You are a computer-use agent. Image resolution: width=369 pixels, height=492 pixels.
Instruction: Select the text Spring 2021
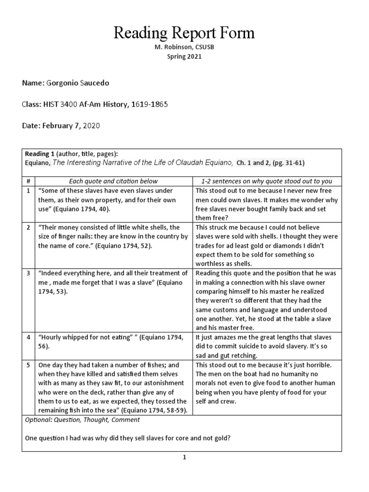click(184, 56)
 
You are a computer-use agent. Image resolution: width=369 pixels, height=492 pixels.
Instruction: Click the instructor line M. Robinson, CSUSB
click(184, 48)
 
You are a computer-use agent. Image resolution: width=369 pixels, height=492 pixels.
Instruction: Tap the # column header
click(28, 181)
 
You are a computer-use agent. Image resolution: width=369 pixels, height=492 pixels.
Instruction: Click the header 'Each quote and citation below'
click(110, 181)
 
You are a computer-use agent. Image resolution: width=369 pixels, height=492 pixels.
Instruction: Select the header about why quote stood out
click(267, 181)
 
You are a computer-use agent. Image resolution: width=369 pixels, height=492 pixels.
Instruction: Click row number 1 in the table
click(28, 190)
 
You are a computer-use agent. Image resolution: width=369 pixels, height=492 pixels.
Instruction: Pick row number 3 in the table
click(28, 273)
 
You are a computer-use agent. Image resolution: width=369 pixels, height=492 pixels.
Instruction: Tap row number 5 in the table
click(28, 365)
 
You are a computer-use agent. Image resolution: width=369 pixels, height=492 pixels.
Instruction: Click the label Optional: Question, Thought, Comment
click(82, 420)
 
